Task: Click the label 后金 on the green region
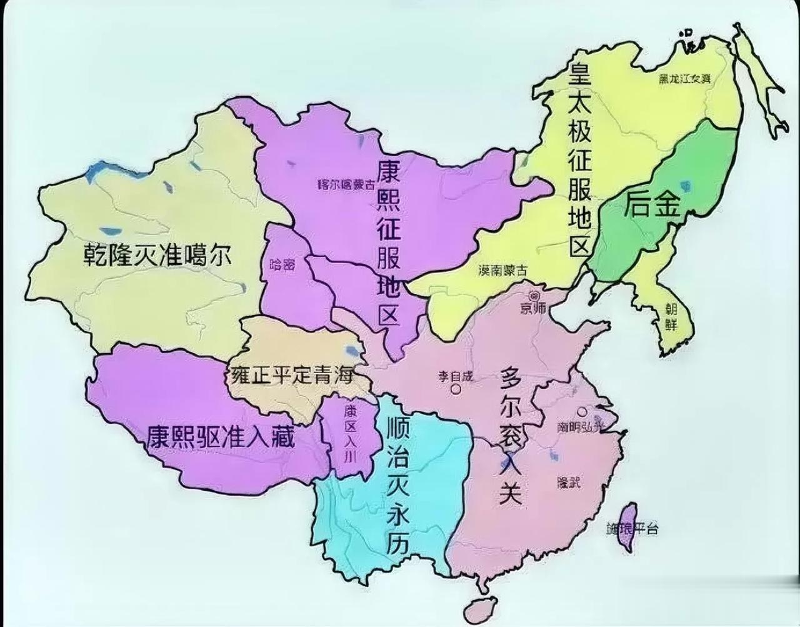651,204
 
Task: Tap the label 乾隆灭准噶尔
157,255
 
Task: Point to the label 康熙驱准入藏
220,436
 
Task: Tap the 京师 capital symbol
534,295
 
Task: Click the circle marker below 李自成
456,389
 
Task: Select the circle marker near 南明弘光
582,412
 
